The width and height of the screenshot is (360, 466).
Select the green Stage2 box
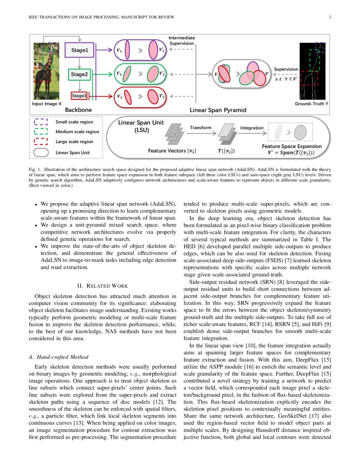coord(80,75)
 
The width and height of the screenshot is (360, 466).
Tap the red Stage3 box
coord(79,96)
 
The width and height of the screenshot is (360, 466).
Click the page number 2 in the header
coord(329,17)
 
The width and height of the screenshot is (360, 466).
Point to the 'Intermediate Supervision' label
coord(182,40)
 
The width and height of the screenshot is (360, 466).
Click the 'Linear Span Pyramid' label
coord(218,110)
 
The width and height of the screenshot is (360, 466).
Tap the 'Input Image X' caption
coord(47,103)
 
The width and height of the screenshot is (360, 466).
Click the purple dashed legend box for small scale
coord(41,122)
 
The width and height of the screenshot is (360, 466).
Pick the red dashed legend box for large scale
coord(41,141)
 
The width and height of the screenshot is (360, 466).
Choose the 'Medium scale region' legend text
coord(77,132)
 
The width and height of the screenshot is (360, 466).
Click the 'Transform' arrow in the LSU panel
coord(200,133)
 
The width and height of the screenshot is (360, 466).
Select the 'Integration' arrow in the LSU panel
coord(252,133)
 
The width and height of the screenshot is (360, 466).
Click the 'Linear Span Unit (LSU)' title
coord(140,126)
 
